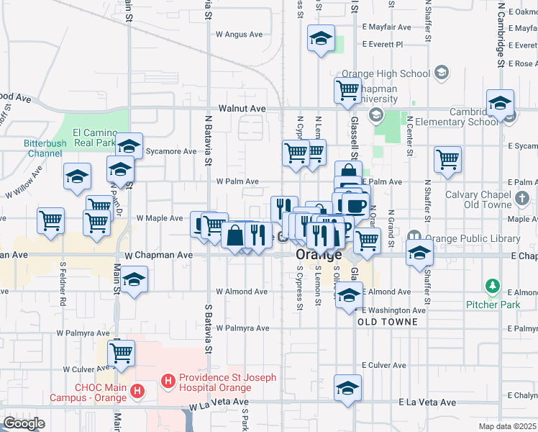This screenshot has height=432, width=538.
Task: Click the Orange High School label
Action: pos(386,73)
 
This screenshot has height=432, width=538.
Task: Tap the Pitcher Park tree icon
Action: pos(493,287)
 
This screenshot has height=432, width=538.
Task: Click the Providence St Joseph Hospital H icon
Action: pos(168,379)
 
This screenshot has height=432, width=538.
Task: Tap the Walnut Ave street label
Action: pos(242,108)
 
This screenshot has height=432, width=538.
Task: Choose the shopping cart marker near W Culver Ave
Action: pos(122,354)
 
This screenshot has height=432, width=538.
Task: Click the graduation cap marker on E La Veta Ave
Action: pos(348,388)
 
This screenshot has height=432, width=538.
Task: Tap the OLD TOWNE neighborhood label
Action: pos(388,322)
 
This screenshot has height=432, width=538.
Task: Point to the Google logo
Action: pos(24,423)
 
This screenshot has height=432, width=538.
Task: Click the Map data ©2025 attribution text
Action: pos(507,426)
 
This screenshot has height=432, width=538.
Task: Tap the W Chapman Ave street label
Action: pos(159,255)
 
